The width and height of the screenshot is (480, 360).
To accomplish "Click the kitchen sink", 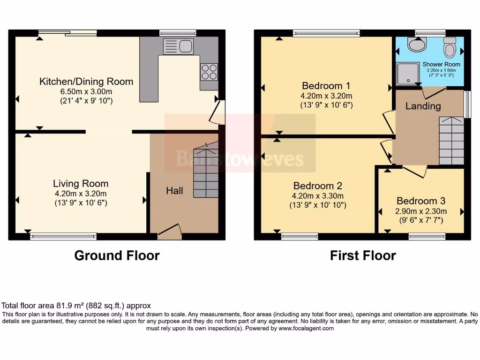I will [x=178, y=46].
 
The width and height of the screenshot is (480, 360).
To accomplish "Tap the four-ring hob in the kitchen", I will [x=209, y=72].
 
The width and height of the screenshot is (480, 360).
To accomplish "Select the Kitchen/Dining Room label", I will [x=86, y=82].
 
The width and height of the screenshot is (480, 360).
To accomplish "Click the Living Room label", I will [x=80, y=184].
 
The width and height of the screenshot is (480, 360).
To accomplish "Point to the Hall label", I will [x=174, y=191].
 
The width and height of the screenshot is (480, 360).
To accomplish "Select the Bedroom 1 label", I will [x=326, y=86].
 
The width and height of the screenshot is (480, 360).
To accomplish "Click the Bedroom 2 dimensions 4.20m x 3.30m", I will [x=318, y=196].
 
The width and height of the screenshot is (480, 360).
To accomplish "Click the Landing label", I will [x=423, y=106].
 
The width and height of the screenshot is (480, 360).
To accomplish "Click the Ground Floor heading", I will [x=117, y=255].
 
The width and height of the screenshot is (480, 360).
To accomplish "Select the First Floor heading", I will [x=363, y=255].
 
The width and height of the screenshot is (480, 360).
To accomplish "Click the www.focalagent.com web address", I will [x=307, y=329].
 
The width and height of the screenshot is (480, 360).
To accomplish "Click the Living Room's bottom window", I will [x=63, y=237].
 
